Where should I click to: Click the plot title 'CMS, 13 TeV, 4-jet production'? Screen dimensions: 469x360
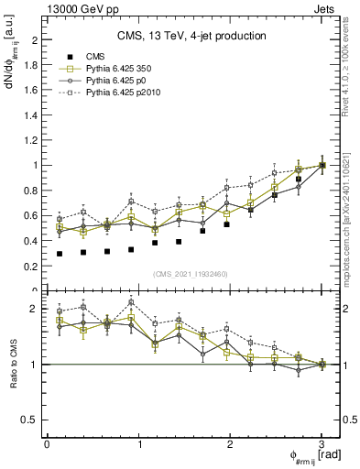click(x=191, y=36)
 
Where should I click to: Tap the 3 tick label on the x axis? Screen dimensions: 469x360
click(x=322, y=444)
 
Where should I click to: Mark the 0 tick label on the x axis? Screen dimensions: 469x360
click(x=47, y=444)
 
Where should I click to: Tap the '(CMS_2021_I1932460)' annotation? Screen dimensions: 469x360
click(x=191, y=273)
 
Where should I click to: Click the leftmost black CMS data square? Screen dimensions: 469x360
click(x=60, y=254)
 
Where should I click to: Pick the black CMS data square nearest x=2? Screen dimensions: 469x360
click(x=226, y=224)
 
